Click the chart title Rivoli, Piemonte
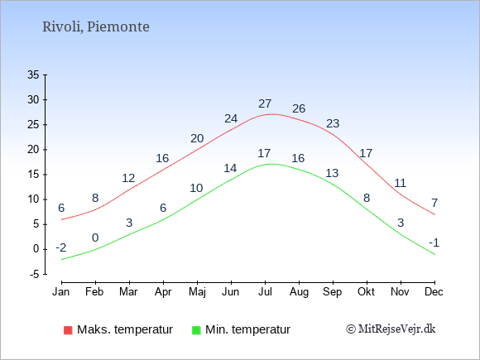click(96, 27)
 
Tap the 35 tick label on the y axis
click(33, 74)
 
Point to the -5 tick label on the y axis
click(35, 274)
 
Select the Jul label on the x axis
click(265, 292)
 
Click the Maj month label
click(197, 292)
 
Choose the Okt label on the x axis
click(366, 292)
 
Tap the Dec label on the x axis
click(434, 292)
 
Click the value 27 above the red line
click(265, 103)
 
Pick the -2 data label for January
click(61, 247)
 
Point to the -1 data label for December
click(434, 242)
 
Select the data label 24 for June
click(231, 118)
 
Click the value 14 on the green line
click(230, 168)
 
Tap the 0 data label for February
click(95, 238)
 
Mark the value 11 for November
click(400, 183)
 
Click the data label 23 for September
click(333, 123)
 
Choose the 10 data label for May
click(196, 188)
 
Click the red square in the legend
click(68, 330)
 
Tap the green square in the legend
click(196, 330)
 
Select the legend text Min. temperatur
click(247, 329)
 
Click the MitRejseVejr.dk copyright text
click(391, 329)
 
